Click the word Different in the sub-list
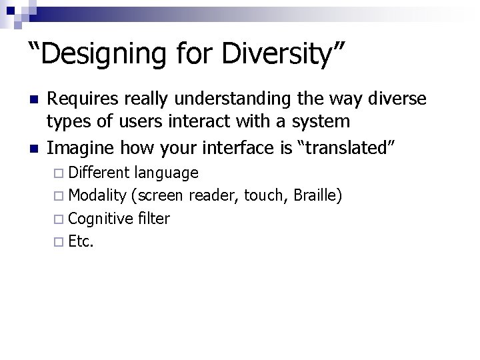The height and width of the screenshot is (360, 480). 99,173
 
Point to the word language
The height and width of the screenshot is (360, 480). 166,173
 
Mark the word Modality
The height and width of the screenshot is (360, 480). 97,195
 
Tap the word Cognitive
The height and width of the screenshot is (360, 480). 99,218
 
